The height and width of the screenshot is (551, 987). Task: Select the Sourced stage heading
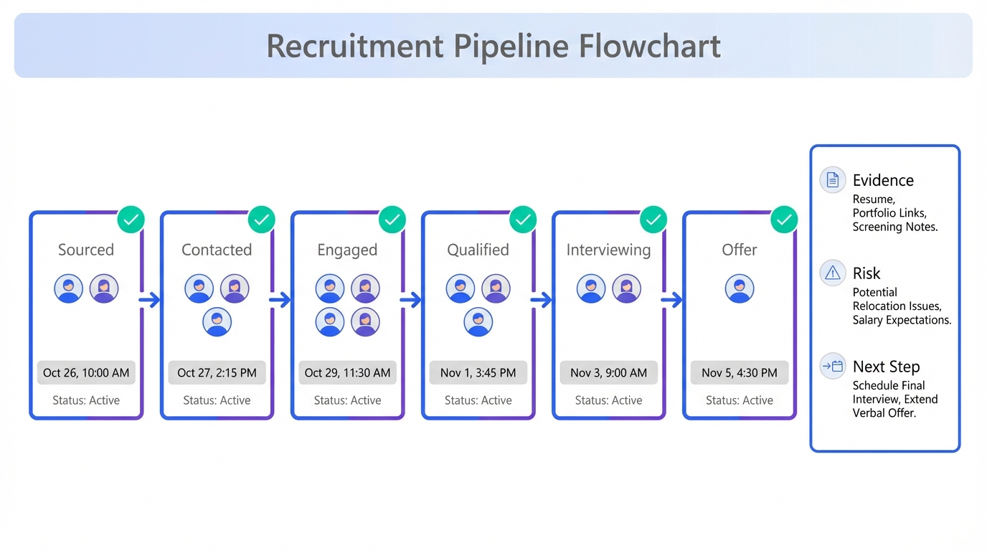(86, 250)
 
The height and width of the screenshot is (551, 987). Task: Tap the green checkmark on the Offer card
(784, 220)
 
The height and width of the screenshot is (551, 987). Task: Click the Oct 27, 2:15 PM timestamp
(217, 372)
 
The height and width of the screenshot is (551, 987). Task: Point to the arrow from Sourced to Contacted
(150, 300)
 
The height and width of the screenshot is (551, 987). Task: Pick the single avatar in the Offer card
(739, 288)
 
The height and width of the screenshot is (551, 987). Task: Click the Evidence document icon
(832, 180)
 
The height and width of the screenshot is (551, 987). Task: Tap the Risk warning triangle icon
(832, 273)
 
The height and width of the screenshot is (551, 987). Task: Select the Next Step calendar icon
(832, 367)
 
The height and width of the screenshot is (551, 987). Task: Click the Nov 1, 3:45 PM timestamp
(478, 372)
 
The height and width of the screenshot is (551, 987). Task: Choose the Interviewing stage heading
(608, 250)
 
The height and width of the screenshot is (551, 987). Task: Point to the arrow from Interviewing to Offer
(672, 300)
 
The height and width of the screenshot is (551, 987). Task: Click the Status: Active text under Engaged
(347, 400)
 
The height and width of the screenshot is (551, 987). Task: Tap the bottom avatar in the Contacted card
(217, 322)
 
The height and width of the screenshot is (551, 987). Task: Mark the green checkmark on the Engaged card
(392, 220)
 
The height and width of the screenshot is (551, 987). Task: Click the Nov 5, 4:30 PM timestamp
(739, 372)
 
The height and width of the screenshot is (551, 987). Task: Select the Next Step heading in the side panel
(886, 367)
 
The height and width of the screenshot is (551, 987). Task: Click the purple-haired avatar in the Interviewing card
(626, 288)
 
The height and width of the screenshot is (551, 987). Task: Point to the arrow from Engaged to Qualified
(411, 300)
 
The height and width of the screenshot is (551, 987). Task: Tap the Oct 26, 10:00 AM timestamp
(86, 372)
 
